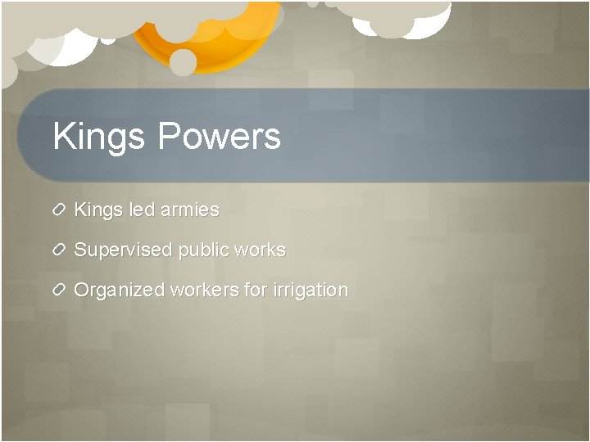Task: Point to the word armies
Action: [190, 210]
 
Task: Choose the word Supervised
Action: [123, 250]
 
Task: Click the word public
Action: [202, 250]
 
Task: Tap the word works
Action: [259, 250]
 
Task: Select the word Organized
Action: [119, 291]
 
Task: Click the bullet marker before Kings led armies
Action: [59, 210]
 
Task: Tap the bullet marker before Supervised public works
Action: [59, 250]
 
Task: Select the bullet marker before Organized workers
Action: [59, 291]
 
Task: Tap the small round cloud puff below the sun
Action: [183, 62]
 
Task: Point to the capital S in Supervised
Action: [80, 250]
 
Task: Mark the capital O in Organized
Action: [81, 290]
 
